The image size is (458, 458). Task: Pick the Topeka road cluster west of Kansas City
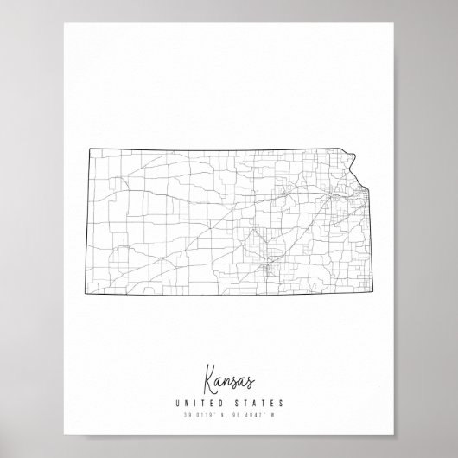click(327, 196)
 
